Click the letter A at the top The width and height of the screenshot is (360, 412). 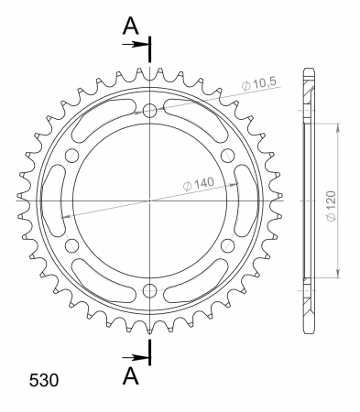[132, 25]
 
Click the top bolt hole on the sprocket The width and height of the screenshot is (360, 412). [150, 111]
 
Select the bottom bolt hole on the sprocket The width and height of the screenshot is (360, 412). [150, 291]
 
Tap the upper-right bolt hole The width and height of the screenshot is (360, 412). [228, 156]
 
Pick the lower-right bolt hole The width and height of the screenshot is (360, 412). [228, 245]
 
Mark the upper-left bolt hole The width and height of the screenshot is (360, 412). [72, 156]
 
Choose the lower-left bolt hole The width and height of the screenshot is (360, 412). [72, 245]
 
